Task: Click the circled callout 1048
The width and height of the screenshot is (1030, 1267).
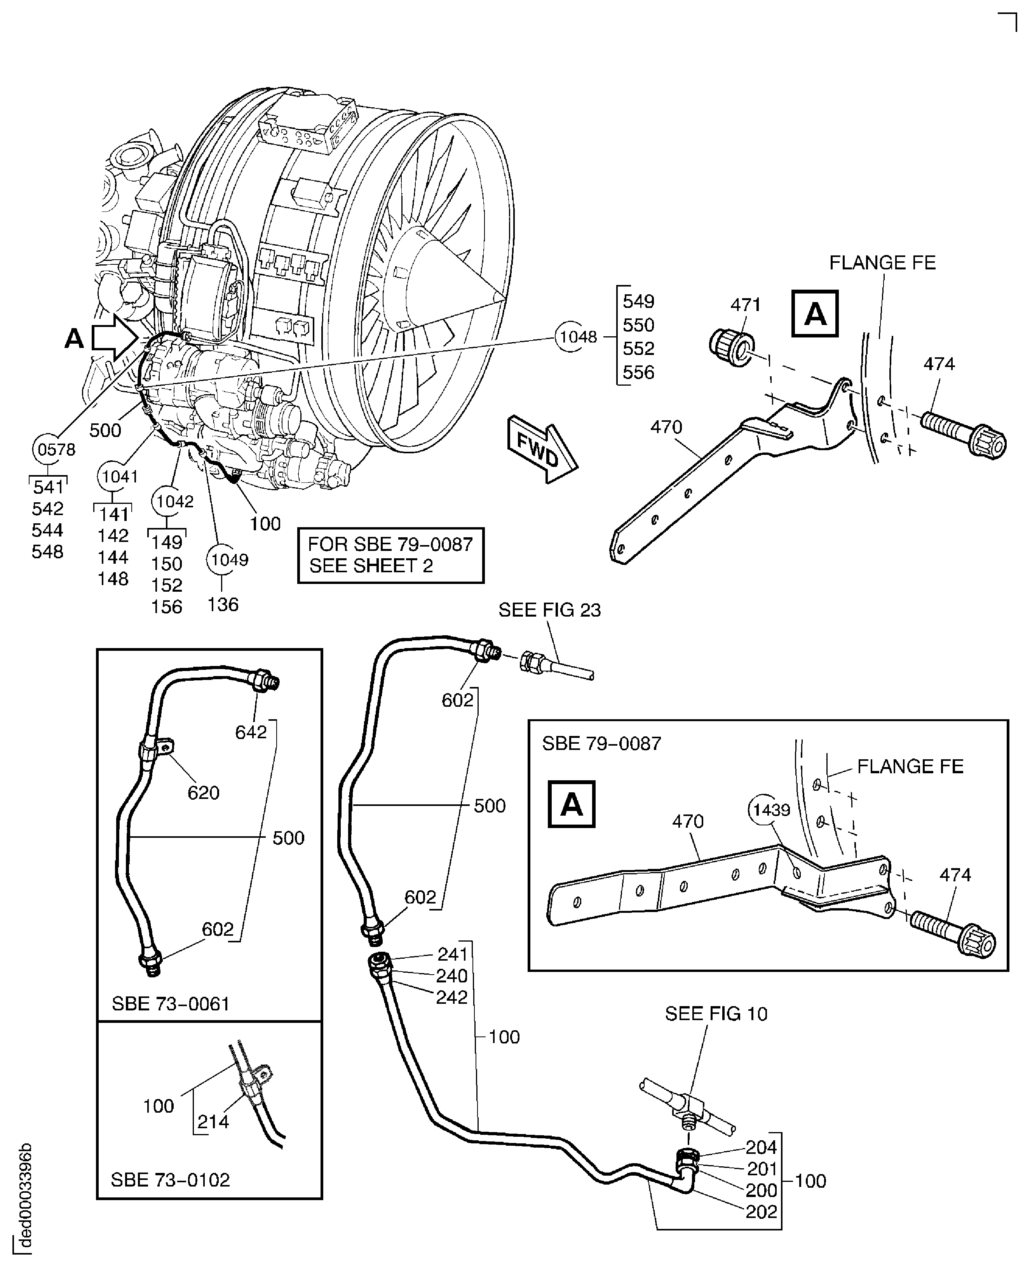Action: tap(577, 337)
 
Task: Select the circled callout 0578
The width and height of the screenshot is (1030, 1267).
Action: tap(56, 449)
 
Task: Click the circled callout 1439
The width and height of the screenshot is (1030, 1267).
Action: tap(771, 810)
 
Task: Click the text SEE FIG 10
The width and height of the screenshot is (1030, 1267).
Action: tap(716, 1014)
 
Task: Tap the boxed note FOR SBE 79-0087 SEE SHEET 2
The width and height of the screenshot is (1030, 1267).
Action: tap(390, 555)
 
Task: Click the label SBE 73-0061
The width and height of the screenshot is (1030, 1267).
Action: tap(170, 1003)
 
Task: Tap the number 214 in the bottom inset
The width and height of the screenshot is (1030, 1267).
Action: tap(213, 1122)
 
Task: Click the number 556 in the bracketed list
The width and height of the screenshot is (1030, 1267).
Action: tap(638, 373)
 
